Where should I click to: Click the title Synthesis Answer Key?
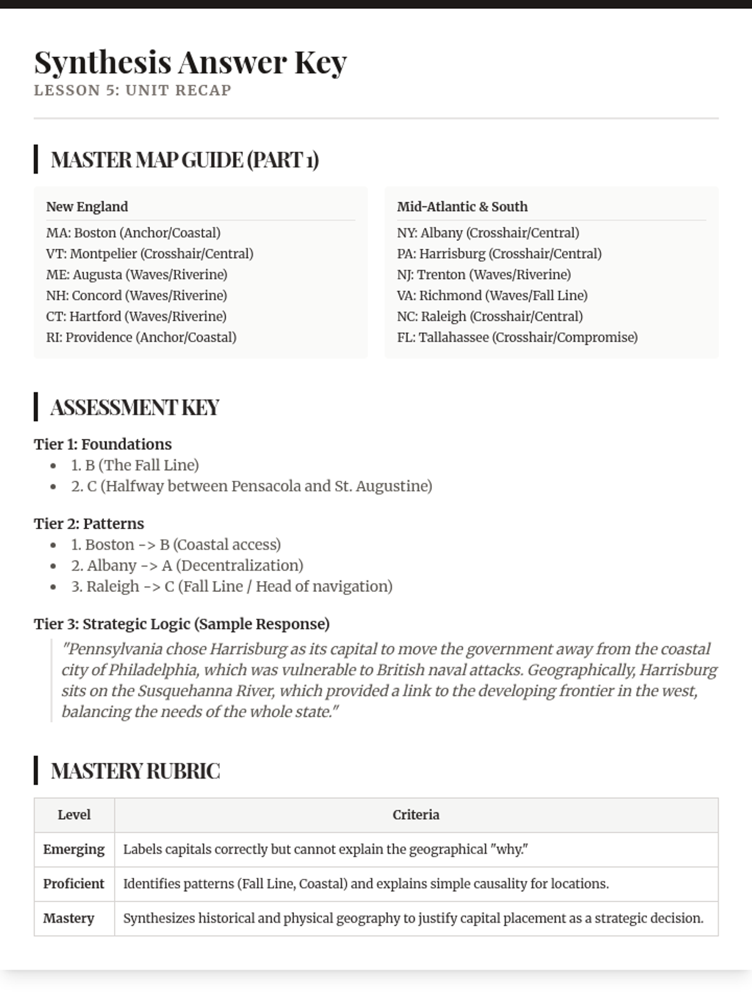190,62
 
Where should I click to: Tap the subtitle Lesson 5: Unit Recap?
132,90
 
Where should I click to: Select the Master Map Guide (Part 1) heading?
184,160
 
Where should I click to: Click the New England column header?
87,207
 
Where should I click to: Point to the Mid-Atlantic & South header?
462,207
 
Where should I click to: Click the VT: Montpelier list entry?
150,254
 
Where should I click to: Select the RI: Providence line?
141,337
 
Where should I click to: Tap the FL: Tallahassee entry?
517,337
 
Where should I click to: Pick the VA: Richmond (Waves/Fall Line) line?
492,295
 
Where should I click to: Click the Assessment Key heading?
135,407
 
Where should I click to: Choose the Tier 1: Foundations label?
103,444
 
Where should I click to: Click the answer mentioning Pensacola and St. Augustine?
251,486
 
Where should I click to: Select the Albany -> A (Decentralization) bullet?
187,565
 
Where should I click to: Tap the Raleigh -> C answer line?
231,587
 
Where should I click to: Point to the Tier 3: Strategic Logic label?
182,624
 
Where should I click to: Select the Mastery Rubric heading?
135,771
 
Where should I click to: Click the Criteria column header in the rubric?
415,815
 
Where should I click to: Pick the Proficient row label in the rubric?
74,884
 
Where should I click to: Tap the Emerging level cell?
74,849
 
